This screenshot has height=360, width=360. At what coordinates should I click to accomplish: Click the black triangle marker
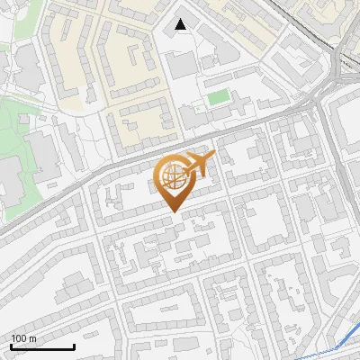[182, 24]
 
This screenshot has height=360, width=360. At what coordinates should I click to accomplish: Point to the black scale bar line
[42, 347]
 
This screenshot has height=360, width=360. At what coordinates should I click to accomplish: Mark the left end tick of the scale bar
[11, 346]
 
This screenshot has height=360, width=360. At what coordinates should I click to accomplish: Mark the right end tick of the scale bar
[74, 346]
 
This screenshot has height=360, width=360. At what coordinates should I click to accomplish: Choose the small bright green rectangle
[217, 96]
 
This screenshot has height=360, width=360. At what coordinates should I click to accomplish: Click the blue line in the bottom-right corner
[337, 347]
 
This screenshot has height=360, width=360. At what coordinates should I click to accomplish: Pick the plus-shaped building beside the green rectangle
[194, 114]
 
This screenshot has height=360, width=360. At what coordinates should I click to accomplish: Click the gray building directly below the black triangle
[183, 64]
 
